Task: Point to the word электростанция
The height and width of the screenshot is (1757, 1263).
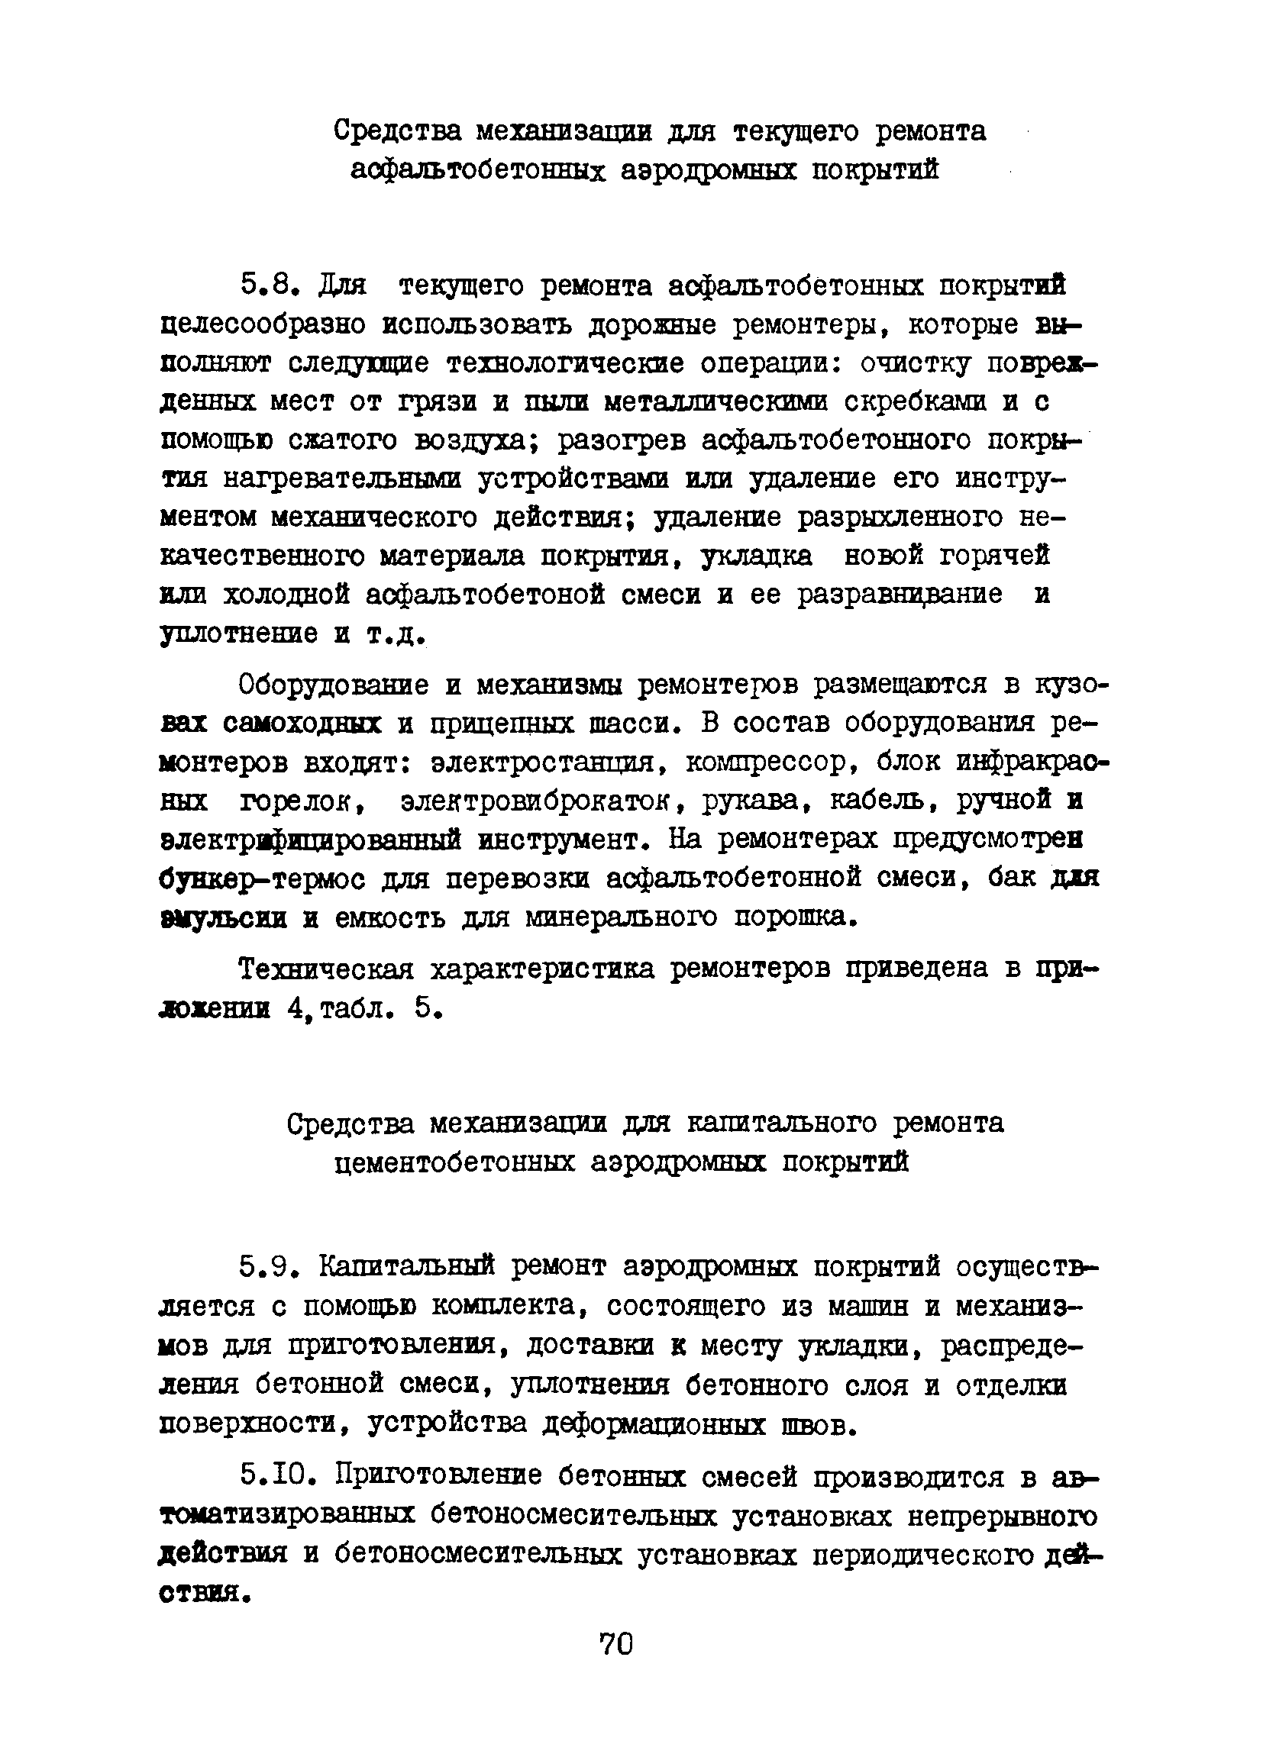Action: tap(549, 763)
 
